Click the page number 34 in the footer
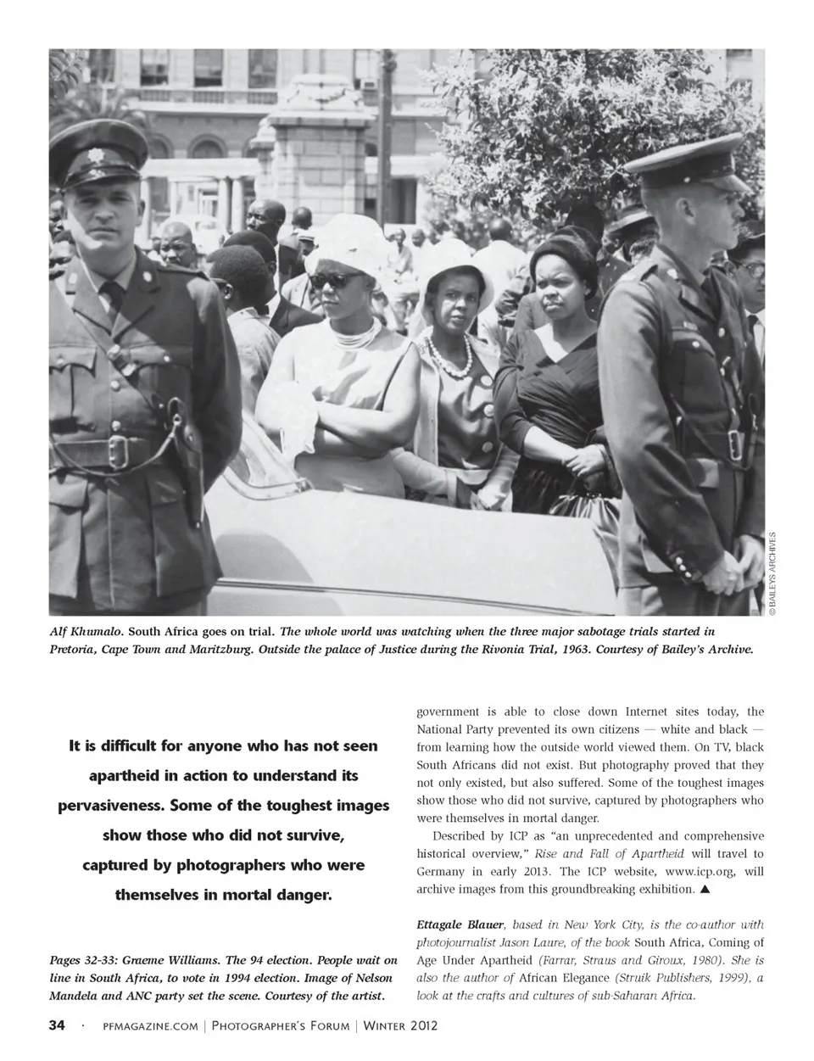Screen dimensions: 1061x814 click(56, 1025)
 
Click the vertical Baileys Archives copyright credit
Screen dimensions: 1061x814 click(772, 573)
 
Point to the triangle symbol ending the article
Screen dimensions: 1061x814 click(705, 890)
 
